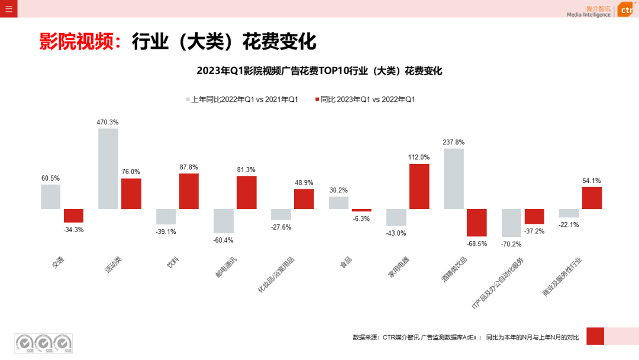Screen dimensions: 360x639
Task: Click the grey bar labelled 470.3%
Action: click(x=108, y=169)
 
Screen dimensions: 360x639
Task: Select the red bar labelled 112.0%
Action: click(x=419, y=187)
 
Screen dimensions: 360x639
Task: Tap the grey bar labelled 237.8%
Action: click(x=453, y=179)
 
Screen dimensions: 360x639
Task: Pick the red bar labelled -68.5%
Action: click(x=476, y=223)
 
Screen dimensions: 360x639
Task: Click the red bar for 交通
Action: click(x=73, y=216)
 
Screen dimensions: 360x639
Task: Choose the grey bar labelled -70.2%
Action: click(x=511, y=223)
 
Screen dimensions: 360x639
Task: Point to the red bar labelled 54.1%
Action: click(x=592, y=198)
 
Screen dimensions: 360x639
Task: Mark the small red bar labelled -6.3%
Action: click(x=362, y=210)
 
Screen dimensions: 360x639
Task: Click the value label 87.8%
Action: click(x=189, y=168)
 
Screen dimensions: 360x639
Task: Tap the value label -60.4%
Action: click(x=223, y=240)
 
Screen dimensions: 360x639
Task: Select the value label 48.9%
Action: click(x=304, y=183)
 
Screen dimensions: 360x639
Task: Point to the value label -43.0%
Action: click(x=396, y=233)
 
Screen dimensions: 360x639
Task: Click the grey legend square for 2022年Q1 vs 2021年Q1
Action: click(x=188, y=99)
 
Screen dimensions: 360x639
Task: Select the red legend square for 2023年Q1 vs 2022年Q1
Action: click(x=317, y=99)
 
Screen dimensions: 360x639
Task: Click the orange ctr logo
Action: click(x=625, y=10)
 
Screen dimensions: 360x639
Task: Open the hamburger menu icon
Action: click(x=8, y=9)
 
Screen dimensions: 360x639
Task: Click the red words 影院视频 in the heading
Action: click(x=76, y=43)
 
